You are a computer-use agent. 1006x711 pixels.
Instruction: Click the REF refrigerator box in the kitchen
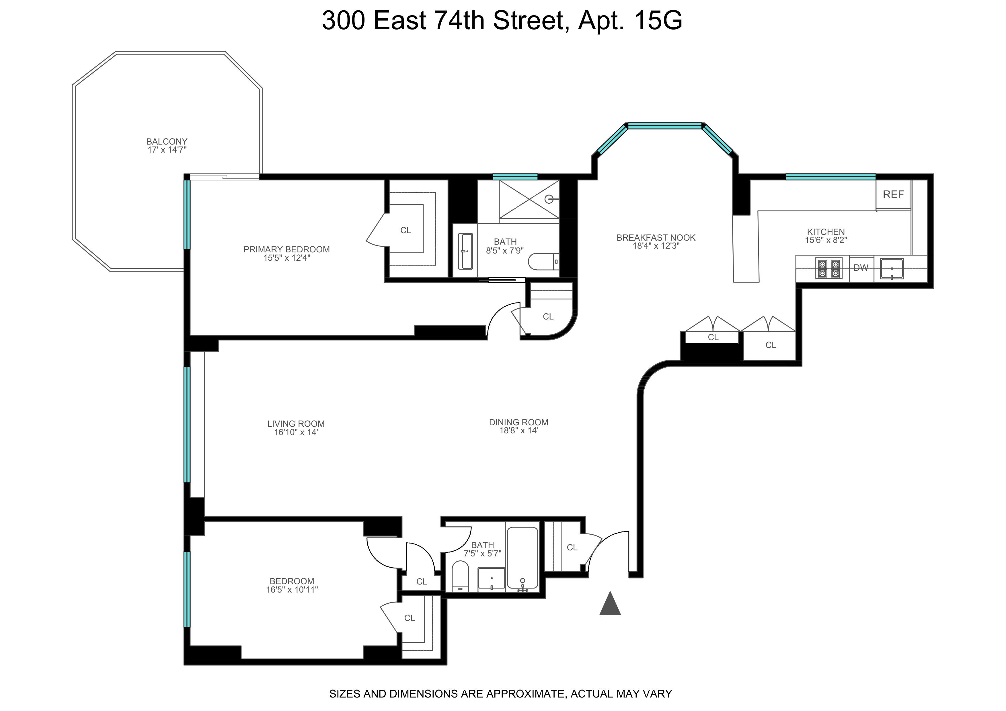[x=893, y=194]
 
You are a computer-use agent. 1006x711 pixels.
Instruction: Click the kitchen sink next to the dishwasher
[x=892, y=268]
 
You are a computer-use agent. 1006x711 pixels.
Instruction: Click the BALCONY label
[x=167, y=141]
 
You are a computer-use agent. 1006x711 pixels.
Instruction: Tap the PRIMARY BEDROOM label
[x=286, y=249]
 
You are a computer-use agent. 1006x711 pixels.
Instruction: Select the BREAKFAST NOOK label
[x=656, y=237]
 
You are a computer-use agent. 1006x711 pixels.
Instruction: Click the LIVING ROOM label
[x=296, y=424]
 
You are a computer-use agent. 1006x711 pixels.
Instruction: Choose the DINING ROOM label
[x=519, y=422]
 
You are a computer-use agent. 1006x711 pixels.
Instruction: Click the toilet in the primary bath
[x=544, y=262]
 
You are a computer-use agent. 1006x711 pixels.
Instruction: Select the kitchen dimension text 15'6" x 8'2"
[x=826, y=240]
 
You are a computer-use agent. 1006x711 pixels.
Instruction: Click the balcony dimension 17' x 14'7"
[x=167, y=150]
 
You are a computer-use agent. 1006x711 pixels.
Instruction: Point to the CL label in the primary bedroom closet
[x=406, y=230]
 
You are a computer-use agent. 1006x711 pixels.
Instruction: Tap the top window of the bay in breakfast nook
[x=665, y=126]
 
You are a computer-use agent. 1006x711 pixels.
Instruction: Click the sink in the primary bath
[x=465, y=251]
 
